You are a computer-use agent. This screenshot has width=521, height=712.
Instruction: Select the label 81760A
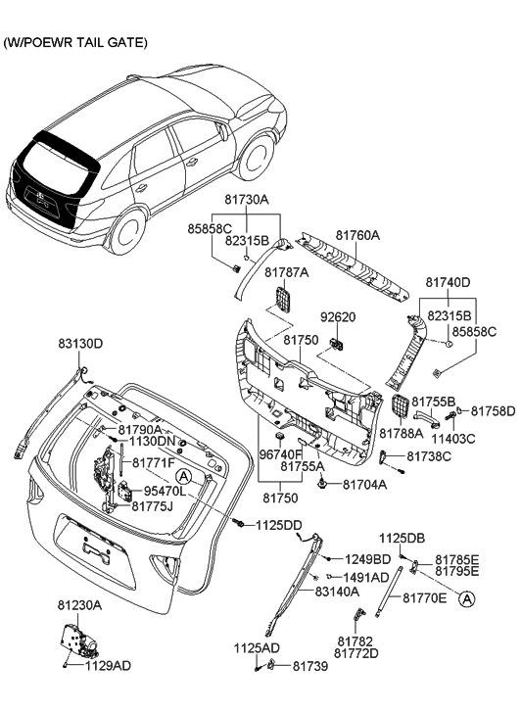pos(358,235)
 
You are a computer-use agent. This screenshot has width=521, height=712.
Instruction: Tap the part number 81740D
pos(448,282)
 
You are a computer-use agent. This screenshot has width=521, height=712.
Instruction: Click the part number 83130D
pos(79,343)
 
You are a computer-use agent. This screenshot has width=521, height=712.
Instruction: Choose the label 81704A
pos(365,485)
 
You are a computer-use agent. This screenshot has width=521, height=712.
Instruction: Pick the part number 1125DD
pos(279,525)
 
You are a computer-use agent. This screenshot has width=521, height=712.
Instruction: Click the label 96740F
pos(282,453)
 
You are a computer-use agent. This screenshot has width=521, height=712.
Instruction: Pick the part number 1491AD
pos(366,576)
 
